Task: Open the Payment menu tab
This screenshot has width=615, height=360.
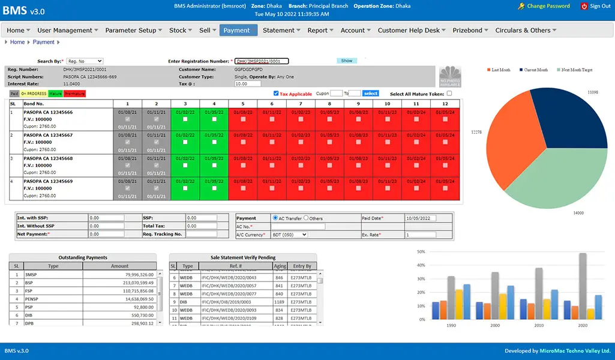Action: pos(238,30)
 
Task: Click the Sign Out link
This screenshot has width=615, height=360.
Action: pos(596,6)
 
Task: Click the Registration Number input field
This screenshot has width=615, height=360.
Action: pos(262,61)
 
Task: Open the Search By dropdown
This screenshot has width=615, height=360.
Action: pos(85,61)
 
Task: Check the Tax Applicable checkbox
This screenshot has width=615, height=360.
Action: pos(276,94)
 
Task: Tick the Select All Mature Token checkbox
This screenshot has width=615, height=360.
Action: pos(449,94)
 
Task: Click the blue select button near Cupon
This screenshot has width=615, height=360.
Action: pos(371,94)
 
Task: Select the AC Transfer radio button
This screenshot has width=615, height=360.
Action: pos(275,218)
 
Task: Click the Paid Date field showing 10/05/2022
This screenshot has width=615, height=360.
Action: pos(428,218)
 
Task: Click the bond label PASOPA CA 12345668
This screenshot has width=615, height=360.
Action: pos(48,158)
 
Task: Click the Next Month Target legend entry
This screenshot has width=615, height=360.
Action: pos(575,70)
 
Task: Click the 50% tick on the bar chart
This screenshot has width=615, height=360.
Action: pos(421,252)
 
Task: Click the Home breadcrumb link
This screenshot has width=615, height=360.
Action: pos(17,42)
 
